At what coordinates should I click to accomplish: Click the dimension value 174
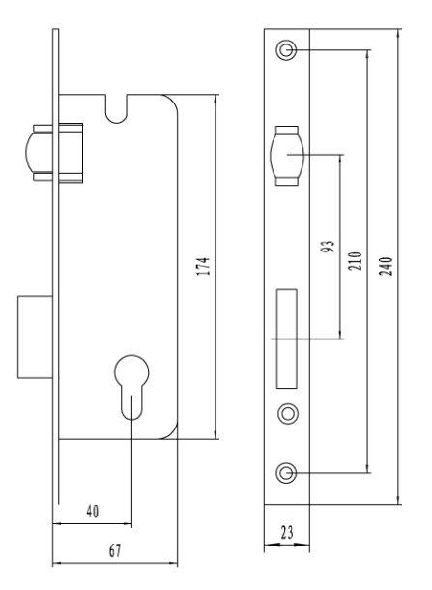tap(203, 266)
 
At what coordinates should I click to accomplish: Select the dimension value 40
tap(93, 512)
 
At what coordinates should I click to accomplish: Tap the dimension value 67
tap(115, 551)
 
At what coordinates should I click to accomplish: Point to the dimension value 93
tap(329, 247)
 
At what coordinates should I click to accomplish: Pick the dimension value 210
tap(355, 261)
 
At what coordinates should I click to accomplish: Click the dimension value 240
tap(386, 266)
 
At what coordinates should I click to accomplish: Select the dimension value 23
tap(287, 532)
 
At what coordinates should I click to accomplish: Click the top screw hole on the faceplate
tap(286, 49)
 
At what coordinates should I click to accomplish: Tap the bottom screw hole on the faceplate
tap(286, 473)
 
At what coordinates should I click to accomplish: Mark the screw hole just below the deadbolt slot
tap(288, 414)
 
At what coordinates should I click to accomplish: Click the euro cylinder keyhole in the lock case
tap(131, 387)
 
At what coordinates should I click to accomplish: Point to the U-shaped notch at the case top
tap(117, 109)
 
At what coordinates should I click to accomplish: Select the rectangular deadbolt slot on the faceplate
tap(287, 339)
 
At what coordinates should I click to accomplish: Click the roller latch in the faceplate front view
tap(287, 156)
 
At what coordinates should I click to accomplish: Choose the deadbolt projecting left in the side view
tap(35, 337)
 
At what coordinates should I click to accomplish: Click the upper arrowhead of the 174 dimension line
tap(216, 99)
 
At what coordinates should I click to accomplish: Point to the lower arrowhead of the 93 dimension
tap(340, 335)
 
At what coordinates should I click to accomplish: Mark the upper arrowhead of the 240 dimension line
tap(398, 33)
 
